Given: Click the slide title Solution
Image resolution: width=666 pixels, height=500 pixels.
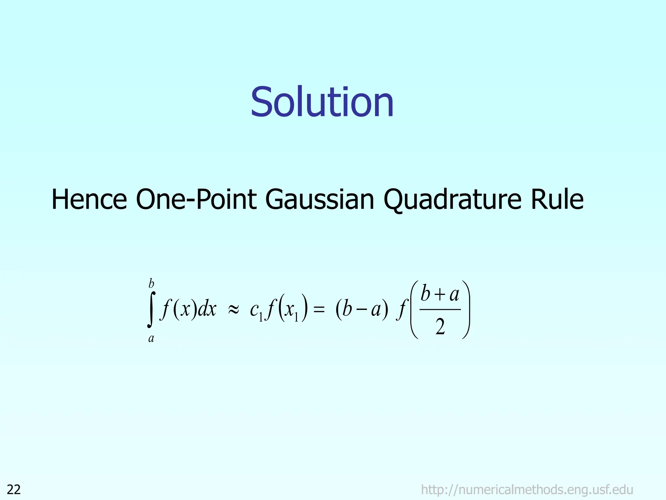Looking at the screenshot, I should point(322,102).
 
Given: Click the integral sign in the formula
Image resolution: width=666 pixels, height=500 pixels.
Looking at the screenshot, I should point(151,310).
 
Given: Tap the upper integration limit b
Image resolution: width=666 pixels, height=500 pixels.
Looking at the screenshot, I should point(151,284).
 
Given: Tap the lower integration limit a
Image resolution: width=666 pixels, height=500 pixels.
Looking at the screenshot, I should point(151,339).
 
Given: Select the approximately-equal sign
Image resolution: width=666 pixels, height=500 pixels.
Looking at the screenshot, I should point(233,310).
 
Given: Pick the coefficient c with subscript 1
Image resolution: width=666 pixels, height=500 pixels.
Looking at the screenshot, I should point(256,310).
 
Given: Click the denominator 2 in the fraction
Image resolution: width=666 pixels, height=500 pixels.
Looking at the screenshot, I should point(440,327).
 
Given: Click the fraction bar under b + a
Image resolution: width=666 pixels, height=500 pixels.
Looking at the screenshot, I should point(440,310).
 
